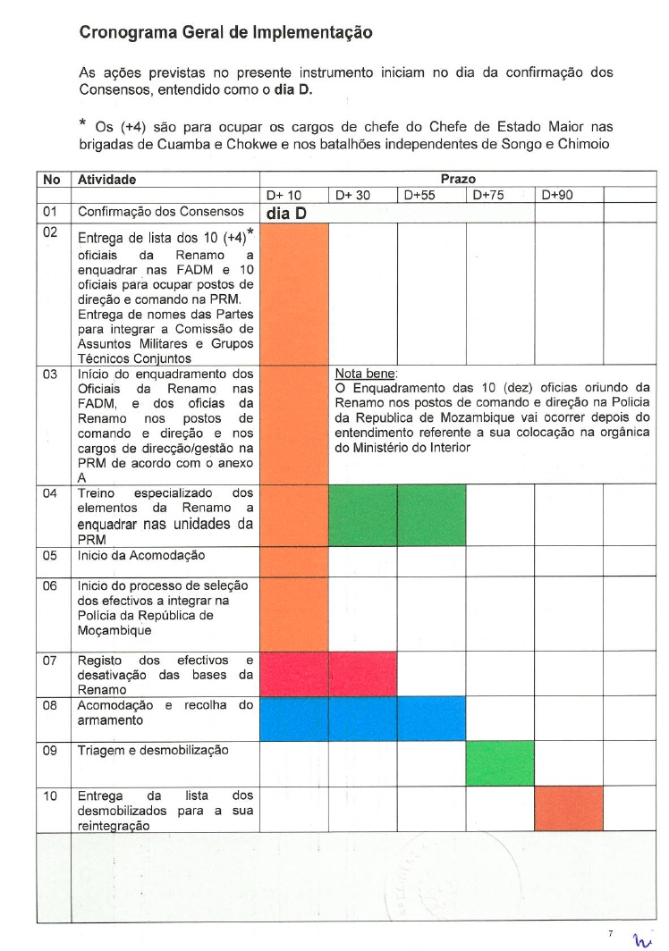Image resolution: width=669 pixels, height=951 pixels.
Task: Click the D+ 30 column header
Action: (x=352, y=194)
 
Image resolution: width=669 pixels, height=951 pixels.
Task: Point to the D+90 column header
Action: (x=557, y=194)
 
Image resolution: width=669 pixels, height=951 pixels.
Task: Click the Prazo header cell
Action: (x=458, y=180)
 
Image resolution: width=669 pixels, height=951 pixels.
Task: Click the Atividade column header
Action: (x=107, y=180)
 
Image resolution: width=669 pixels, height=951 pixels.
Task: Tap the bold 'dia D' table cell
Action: (x=286, y=214)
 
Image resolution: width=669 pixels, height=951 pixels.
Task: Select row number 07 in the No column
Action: (x=50, y=661)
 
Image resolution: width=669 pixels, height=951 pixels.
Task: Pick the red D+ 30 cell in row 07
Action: (x=362, y=674)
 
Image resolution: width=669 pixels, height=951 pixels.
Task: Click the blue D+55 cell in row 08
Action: (x=431, y=718)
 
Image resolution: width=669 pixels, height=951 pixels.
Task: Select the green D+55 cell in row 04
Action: (x=431, y=516)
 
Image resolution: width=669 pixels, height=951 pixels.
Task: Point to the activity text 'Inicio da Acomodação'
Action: (x=141, y=555)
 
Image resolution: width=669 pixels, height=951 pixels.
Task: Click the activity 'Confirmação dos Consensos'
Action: (x=160, y=213)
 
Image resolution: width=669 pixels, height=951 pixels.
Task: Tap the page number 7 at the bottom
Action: (x=610, y=933)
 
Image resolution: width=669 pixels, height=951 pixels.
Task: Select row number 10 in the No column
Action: (x=50, y=795)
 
